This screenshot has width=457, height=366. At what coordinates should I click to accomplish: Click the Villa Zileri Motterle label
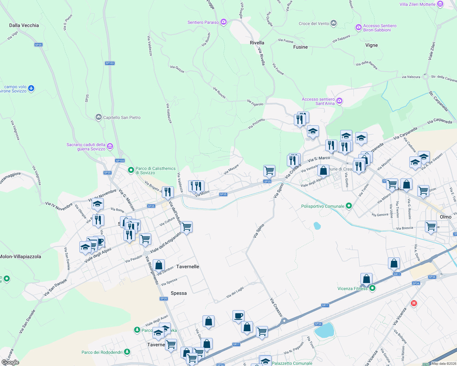(x=417, y=4)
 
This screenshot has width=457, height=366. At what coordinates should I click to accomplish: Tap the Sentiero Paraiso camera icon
(x=224, y=22)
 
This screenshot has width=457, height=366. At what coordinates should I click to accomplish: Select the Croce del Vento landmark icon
(x=334, y=23)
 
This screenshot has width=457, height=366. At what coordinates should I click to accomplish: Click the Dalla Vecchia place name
(x=24, y=25)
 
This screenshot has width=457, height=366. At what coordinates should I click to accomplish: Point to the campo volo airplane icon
(x=31, y=88)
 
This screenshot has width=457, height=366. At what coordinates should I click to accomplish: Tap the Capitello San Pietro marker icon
(x=98, y=117)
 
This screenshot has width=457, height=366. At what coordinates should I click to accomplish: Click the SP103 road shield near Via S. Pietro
(x=110, y=63)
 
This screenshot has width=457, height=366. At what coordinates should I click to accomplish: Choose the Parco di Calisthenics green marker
(x=131, y=170)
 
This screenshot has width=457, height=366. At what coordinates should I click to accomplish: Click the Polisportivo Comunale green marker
(x=349, y=206)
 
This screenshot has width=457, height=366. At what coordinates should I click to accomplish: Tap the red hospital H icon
(x=414, y=303)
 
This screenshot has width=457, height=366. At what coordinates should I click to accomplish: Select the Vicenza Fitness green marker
(x=372, y=288)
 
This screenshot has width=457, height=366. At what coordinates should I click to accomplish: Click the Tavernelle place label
(x=188, y=267)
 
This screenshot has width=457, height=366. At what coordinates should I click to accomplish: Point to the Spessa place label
(x=179, y=293)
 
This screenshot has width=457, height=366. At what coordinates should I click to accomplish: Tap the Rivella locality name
(x=257, y=43)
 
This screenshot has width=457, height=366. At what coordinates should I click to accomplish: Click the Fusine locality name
(x=300, y=47)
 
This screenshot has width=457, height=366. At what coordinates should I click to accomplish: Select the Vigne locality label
(x=371, y=45)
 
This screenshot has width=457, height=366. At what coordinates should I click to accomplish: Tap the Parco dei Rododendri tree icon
(x=127, y=352)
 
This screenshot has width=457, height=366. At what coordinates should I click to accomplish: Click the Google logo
(x=10, y=362)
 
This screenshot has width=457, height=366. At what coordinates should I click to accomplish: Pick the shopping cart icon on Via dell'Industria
(x=186, y=227)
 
